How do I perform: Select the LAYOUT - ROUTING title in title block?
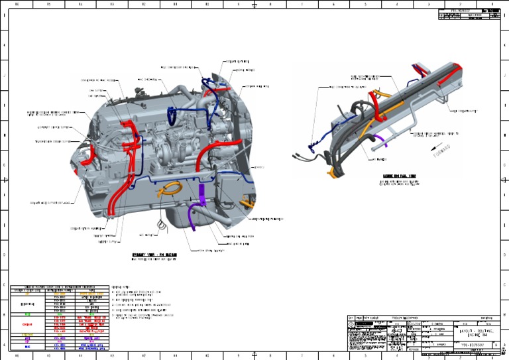tap(474, 331)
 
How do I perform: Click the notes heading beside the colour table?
tap(120, 286)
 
